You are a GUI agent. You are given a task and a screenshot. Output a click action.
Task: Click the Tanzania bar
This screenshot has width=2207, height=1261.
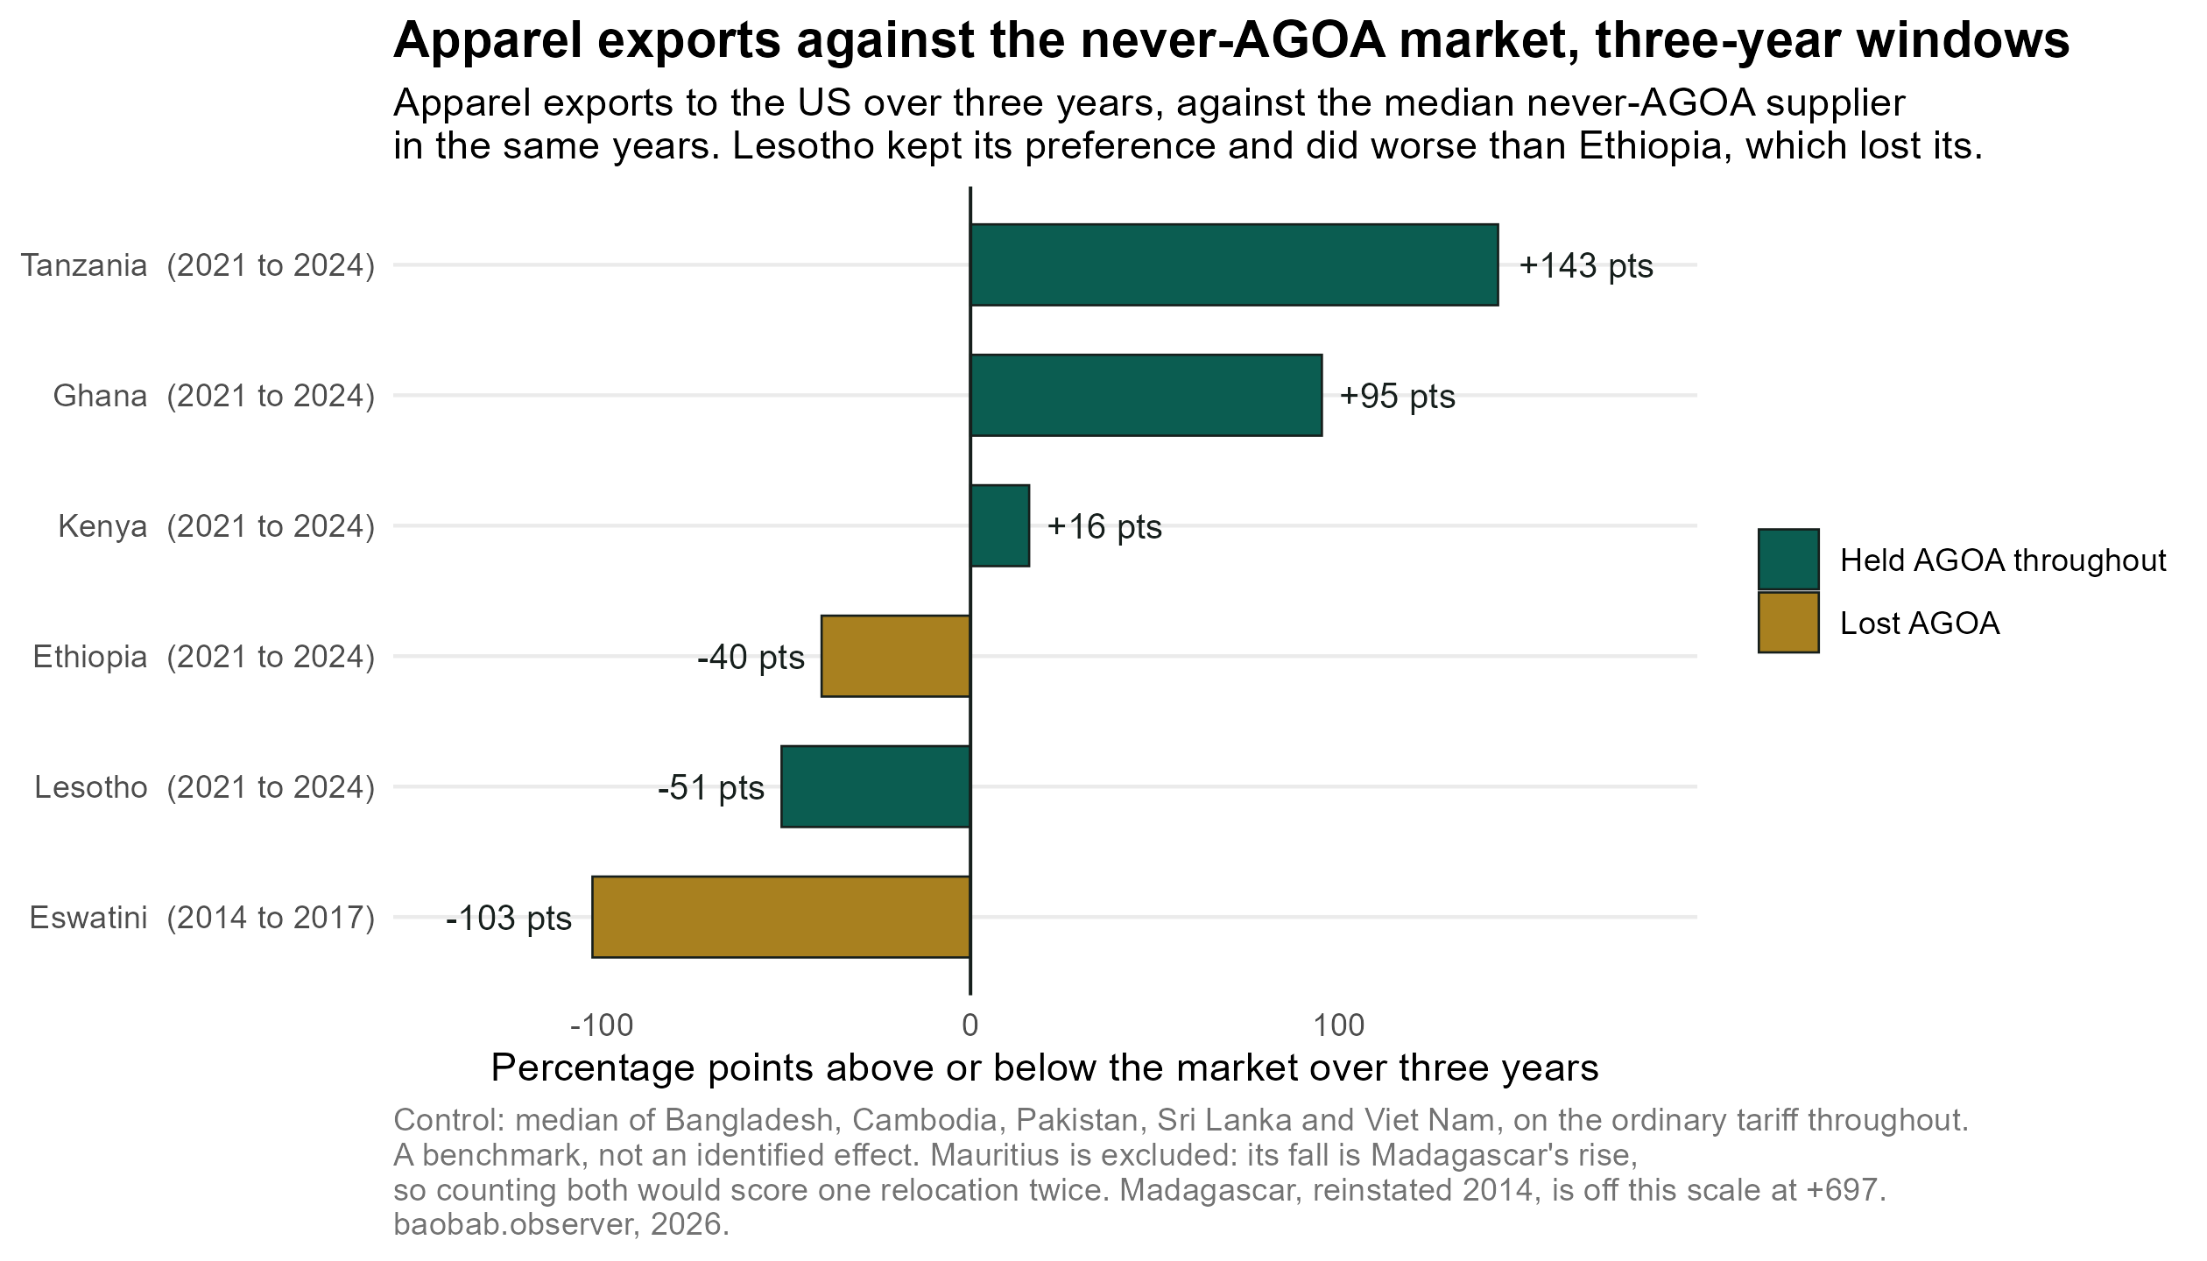coord(1234,264)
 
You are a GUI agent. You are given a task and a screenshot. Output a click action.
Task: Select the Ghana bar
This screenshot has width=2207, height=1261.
coord(1146,395)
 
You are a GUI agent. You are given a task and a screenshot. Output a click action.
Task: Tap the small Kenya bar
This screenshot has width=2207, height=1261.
coord(999,525)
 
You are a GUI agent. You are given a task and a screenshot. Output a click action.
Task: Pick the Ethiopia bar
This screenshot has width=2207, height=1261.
coord(896,656)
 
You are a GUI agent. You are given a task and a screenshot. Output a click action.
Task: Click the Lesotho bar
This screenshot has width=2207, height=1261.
coord(876,786)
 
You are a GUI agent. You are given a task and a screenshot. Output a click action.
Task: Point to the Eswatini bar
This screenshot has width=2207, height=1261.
coord(781,917)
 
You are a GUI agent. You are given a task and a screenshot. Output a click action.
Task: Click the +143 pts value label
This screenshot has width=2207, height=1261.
coord(1585,265)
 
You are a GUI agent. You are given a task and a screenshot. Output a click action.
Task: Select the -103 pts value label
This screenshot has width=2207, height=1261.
coord(509,919)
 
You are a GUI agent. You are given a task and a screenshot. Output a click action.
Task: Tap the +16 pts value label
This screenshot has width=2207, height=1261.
coord(1104,527)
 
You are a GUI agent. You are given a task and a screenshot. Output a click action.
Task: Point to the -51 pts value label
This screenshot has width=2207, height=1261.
coord(711,788)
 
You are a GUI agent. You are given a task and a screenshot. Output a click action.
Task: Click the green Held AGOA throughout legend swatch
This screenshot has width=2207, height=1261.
coord(1788,560)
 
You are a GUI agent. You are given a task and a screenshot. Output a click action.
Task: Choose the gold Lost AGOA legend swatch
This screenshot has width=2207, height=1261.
coord(1788,623)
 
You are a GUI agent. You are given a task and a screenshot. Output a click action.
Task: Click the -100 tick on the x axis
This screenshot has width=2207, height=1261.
coord(601,1025)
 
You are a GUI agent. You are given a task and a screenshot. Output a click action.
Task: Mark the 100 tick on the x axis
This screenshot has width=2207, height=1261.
coord(1340,1025)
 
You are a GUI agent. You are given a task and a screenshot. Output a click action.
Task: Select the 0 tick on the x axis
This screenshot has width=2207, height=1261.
coord(970,1025)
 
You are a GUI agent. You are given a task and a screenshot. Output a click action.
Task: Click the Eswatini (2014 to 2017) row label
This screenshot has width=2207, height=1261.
coord(202,918)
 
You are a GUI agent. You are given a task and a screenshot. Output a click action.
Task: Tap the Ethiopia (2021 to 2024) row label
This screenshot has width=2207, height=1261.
coord(204,657)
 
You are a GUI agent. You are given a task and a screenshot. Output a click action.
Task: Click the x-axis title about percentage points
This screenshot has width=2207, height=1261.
coord(1045,1068)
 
